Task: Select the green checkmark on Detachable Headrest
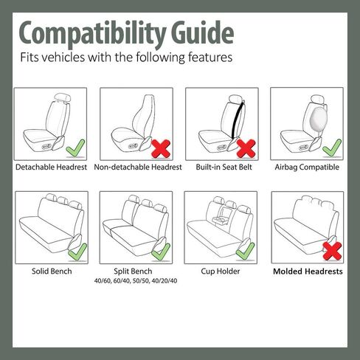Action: tap(73, 150)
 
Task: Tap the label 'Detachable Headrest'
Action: tap(52, 167)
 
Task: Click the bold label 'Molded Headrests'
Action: tap(308, 271)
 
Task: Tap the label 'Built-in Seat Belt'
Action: tap(224, 167)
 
